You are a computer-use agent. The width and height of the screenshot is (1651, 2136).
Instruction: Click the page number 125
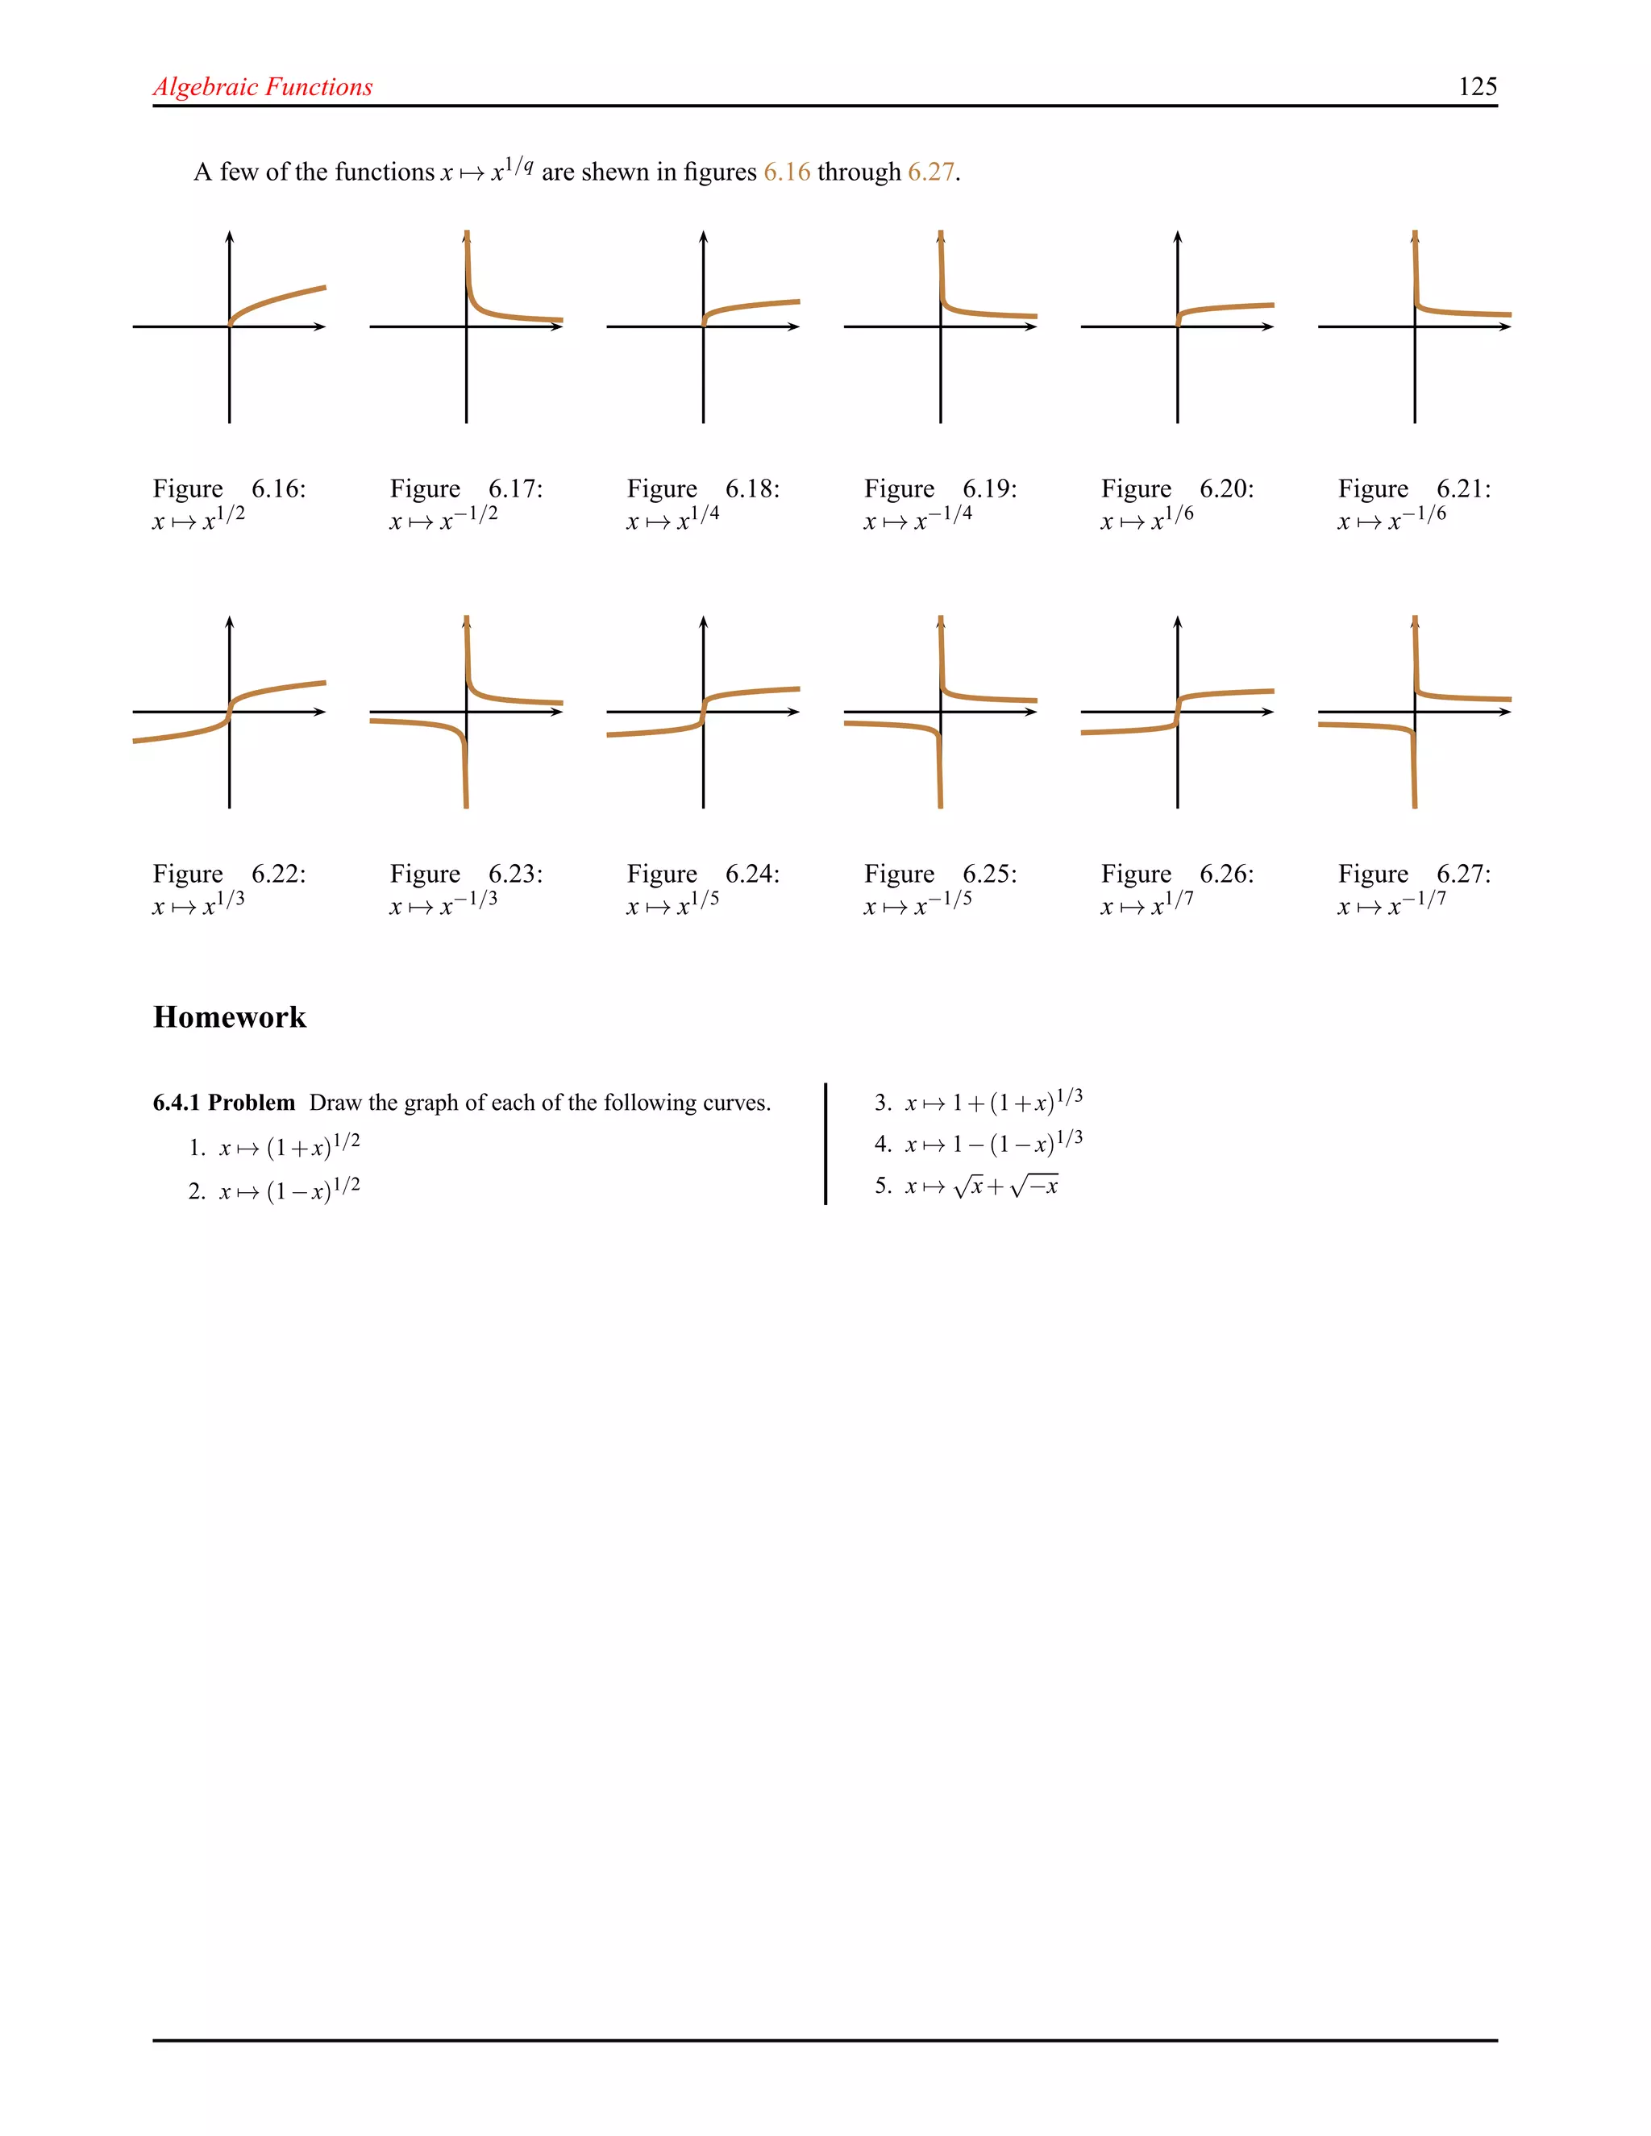[x=1477, y=87]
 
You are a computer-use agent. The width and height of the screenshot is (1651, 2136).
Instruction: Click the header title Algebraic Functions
[x=263, y=87]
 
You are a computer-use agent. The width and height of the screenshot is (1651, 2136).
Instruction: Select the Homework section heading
[x=230, y=1017]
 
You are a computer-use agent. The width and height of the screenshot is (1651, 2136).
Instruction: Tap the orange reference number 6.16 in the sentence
[x=786, y=172]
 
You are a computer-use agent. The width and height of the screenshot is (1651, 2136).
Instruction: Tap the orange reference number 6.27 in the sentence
[x=930, y=172]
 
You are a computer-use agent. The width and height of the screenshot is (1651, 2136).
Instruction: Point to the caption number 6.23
[x=515, y=874]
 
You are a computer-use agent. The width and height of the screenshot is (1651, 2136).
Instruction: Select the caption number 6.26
[x=1226, y=874]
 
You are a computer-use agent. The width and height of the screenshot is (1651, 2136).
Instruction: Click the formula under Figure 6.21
[x=1391, y=518]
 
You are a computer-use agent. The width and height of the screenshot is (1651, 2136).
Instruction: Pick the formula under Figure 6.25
[x=917, y=904]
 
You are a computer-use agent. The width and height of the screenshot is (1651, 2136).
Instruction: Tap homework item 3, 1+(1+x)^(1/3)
[x=992, y=1101]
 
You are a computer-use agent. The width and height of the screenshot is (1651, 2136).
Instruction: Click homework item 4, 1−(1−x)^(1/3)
[x=992, y=1142]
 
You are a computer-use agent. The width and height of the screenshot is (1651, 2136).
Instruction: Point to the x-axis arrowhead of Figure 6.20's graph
[x=1269, y=326]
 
